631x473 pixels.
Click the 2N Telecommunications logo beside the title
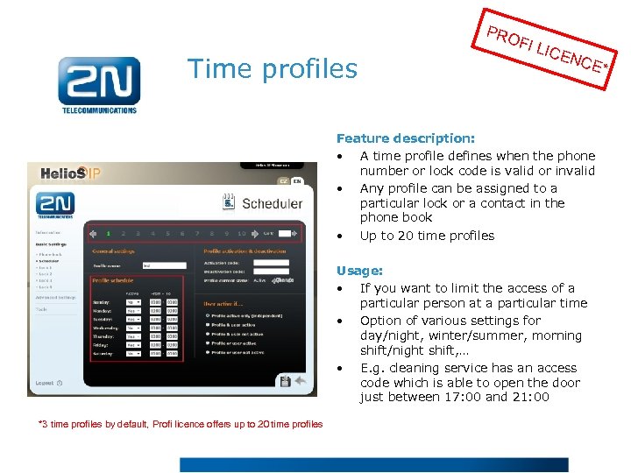(99, 84)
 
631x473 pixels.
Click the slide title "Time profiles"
(273, 68)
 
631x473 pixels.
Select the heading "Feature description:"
(406, 138)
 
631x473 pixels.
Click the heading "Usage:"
(359, 272)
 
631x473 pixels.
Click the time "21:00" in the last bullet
(529, 397)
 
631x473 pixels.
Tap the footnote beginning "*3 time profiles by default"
(181, 424)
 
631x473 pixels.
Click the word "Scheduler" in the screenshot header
(273, 203)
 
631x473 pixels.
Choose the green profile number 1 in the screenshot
(109, 234)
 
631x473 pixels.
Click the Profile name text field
(164, 265)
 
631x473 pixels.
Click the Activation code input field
(271, 262)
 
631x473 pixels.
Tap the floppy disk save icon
(285, 381)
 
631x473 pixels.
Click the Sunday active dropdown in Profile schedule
(133, 301)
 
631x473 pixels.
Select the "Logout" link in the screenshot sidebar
(46, 383)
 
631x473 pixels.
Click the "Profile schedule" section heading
(113, 280)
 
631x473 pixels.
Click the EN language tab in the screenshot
(297, 181)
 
